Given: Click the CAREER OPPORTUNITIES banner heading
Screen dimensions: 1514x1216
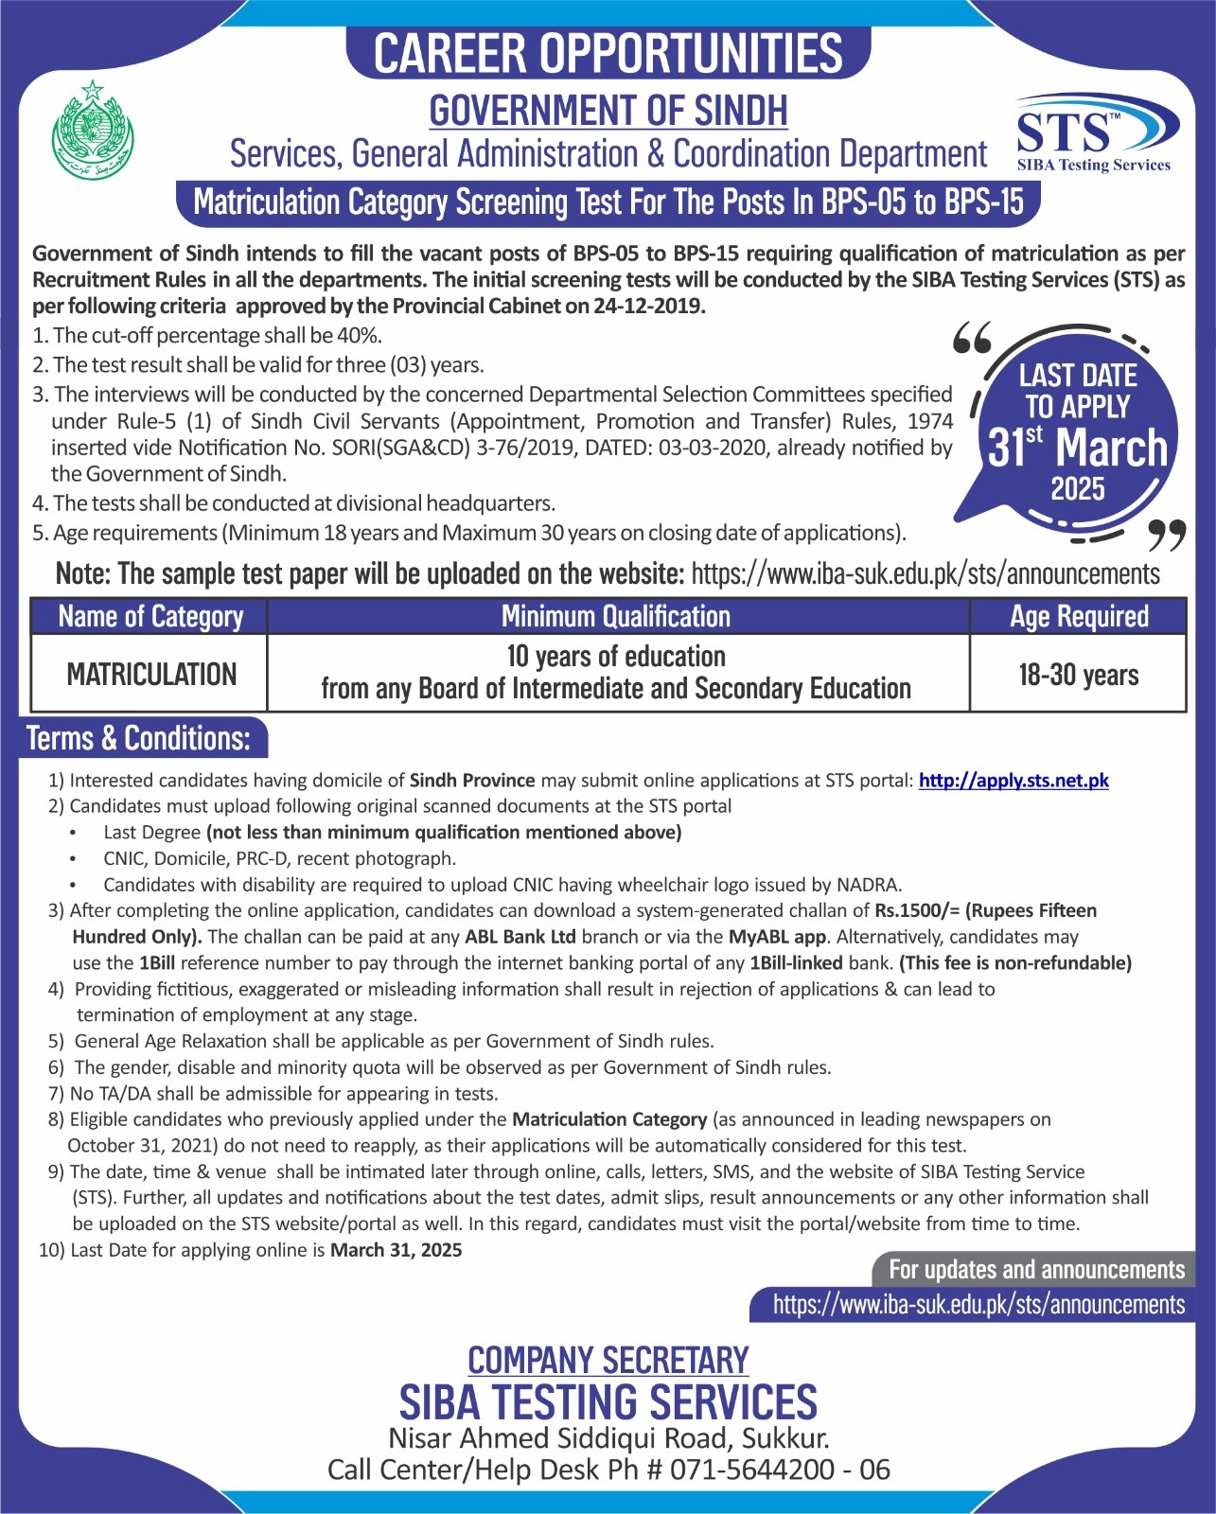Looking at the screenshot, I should coord(608,52).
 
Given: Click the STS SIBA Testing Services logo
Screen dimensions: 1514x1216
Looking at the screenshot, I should coord(1096,133).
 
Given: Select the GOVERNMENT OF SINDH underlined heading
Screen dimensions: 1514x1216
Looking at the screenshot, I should coord(608,111).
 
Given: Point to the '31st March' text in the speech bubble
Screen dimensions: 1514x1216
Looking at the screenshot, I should coord(1078,448).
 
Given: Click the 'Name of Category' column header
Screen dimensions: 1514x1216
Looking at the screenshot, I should coord(150,616).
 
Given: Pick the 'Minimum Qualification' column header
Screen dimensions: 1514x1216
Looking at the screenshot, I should coord(616,616).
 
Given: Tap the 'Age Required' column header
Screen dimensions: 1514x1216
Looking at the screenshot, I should coord(1079,616).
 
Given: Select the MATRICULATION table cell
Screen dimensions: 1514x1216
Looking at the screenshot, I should coord(151,674).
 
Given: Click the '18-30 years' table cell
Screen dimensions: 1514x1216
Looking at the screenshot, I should coord(1079,675).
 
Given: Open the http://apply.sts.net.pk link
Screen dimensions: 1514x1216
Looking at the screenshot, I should coord(1013,781).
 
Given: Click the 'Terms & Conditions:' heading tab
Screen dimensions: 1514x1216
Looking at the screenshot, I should coord(140,738).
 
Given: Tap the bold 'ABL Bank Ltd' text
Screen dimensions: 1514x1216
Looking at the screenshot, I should coord(520,937).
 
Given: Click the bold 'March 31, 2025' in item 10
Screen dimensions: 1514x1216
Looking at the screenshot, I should coord(397,1250).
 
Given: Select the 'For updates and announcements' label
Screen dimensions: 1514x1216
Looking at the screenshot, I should coord(1036,1269).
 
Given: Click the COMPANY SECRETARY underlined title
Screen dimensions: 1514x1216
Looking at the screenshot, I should coord(608,1360).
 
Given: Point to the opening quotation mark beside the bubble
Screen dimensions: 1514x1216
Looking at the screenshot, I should coord(972,338).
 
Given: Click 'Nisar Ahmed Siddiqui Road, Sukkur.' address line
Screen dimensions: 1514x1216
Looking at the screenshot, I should coord(608,1438).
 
